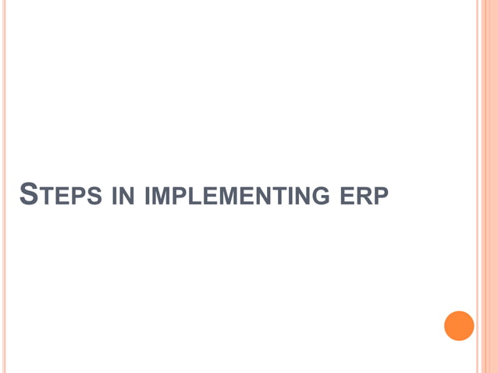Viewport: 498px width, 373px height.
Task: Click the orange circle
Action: point(459,325)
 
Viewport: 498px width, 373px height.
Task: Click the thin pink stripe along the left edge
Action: point(4,186)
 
